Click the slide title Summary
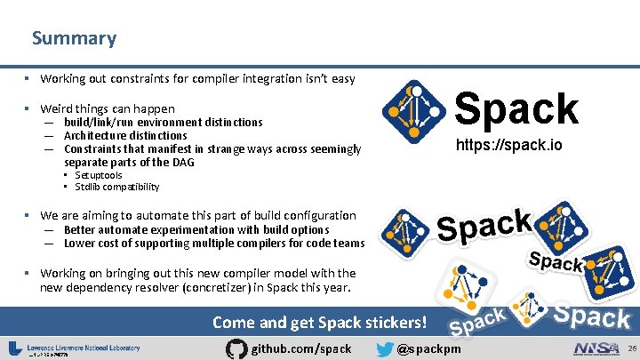tap(74, 38)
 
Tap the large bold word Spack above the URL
tap(516, 108)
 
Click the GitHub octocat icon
tap(237, 348)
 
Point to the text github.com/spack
tap(302, 349)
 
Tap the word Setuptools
tap(99, 175)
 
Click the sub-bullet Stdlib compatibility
tap(117, 188)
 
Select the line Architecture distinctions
tap(125, 135)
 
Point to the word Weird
tap(57, 108)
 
